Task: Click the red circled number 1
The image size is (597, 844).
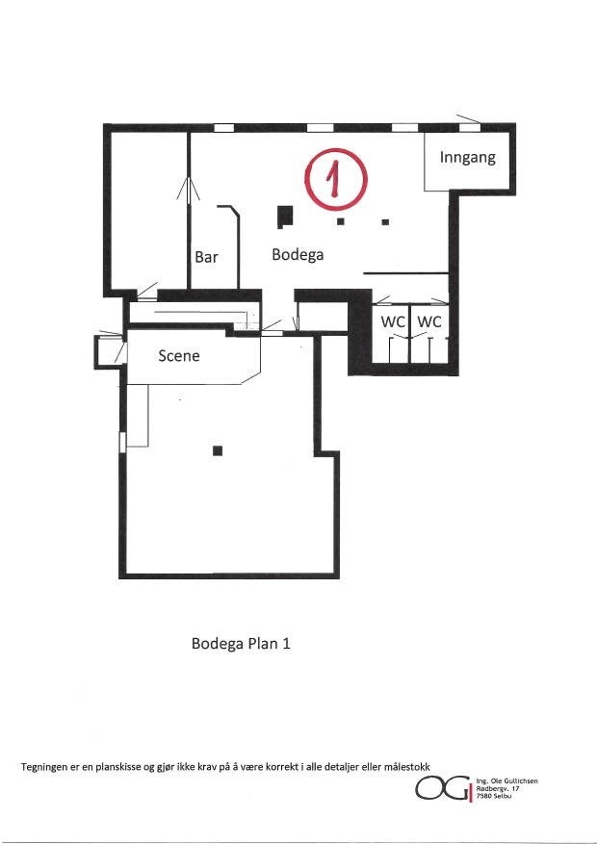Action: click(333, 179)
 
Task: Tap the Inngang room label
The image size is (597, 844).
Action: click(468, 157)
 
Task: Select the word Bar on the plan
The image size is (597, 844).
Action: click(207, 257)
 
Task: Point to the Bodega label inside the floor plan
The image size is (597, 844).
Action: click(298, 255)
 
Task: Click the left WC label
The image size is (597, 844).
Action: click(393, 321)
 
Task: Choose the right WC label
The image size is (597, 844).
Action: click(429, 321)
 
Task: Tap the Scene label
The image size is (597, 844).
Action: click(179, 355)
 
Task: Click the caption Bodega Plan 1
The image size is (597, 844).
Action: click(241, 644)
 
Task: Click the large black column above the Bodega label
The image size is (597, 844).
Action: click(284, 216)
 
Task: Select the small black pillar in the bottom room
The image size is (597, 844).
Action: click(218, 449)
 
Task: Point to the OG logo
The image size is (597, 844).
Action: click(443, 789)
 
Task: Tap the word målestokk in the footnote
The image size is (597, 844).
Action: click(402, 766)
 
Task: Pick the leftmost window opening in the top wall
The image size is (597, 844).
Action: click(223, 127)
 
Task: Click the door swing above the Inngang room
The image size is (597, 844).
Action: click(469, 121)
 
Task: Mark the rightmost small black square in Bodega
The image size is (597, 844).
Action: click(385, 222)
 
